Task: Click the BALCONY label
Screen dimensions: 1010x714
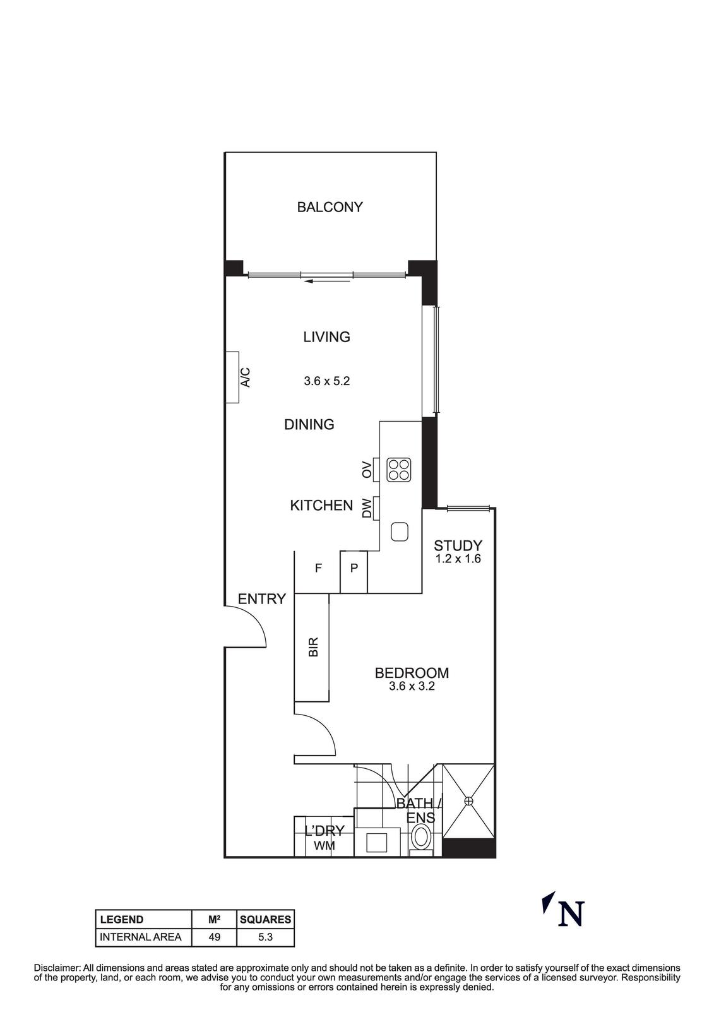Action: (x=330, y=207)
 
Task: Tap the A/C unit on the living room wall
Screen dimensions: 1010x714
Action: (x=234, y=377)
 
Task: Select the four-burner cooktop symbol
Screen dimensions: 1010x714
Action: (x=399, y=470)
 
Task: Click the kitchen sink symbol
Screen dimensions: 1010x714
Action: (x=400, y=532)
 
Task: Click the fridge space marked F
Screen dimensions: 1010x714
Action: (x=318, y=568)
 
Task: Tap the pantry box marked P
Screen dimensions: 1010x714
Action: (x=354, y=568)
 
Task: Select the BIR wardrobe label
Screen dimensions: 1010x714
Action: (x=313, y=647)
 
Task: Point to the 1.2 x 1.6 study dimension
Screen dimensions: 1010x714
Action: (x=458, y=559)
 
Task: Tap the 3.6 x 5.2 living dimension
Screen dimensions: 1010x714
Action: (x=326, y=381)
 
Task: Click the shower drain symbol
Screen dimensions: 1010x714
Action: (x=468, y=801)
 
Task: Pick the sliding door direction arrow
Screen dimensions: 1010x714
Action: (x=326, y=281)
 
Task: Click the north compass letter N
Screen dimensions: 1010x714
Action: (x=571, y=913)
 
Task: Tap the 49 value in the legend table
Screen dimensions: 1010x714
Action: (x=215, y=937)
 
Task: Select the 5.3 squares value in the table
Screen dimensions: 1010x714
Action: (x=265, y=937)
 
